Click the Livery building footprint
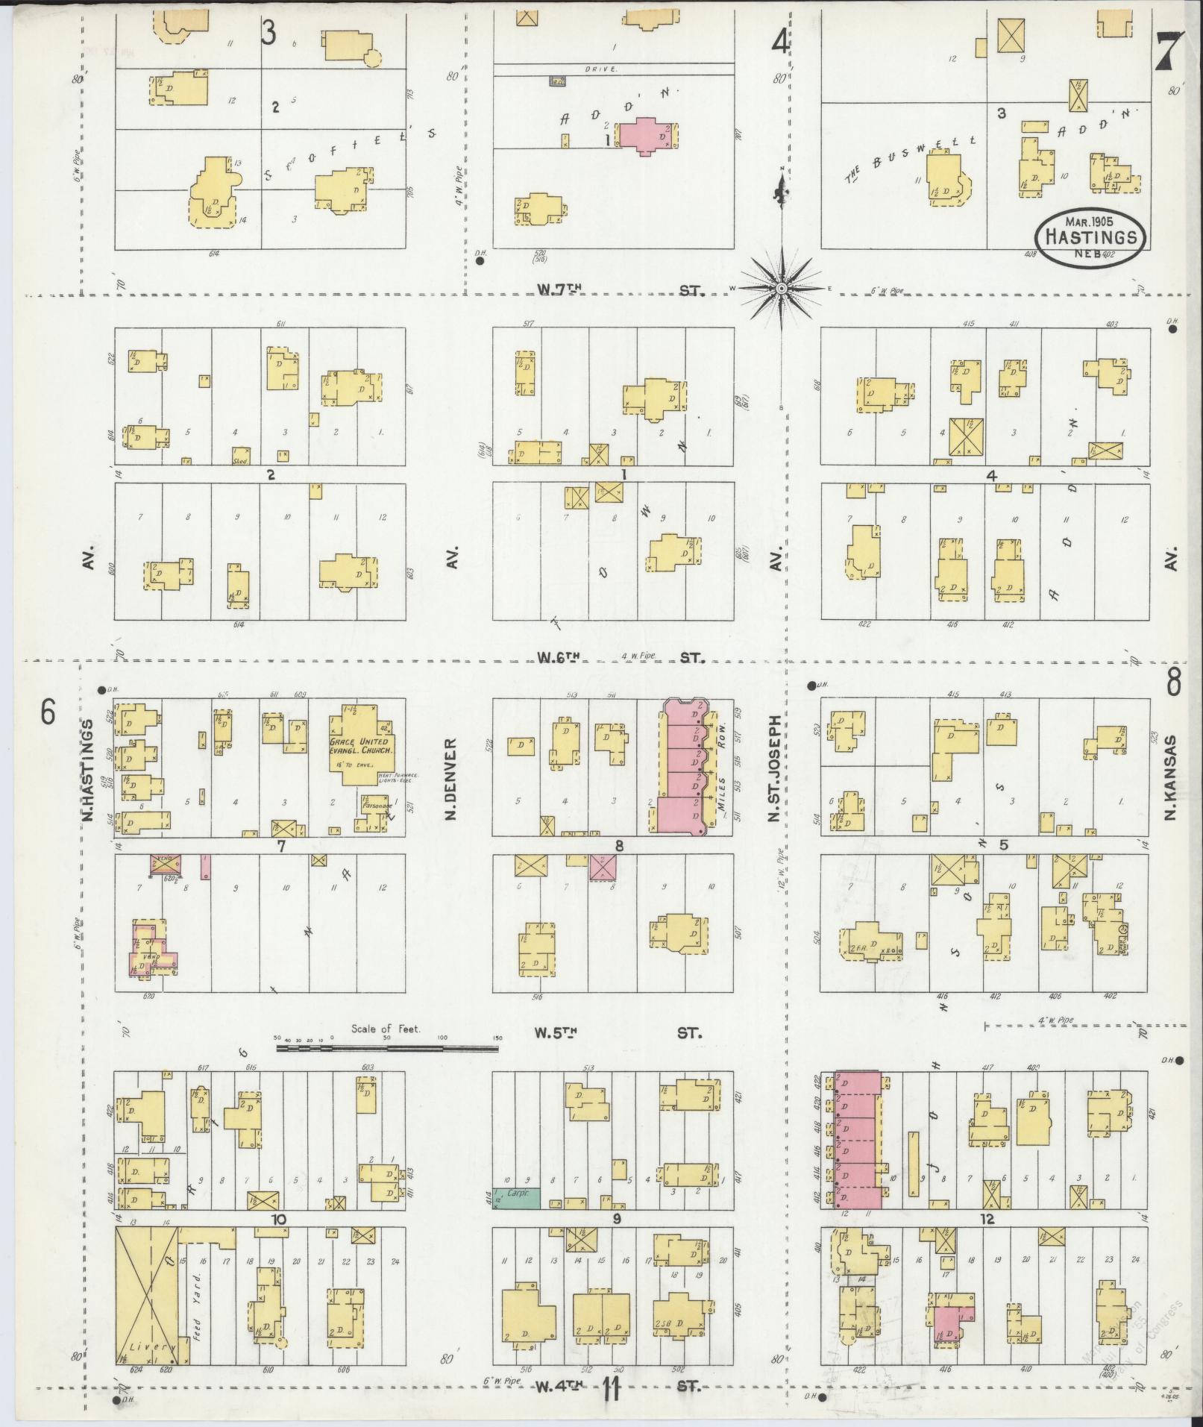tap(146, 1298)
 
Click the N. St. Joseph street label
tap(776, 769)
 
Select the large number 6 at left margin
tap(48, 713)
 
